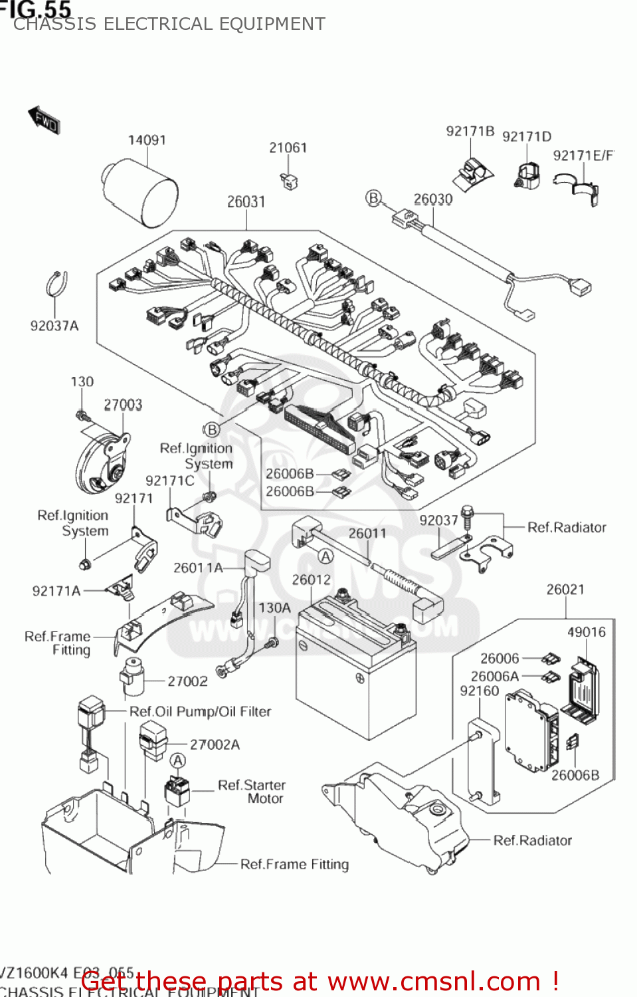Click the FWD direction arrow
[x=45, y=120]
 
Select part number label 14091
[x=147, y=140]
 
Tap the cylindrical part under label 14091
[x=140, y=193]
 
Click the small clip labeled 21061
[x=290, y=181]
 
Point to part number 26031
[x=246, y=201]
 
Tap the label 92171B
[x=470, y=131]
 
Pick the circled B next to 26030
[x=374, y=198]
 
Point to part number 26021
[x=565, y=590]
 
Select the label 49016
[x=586, y=632]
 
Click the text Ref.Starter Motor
[x=252, y=792]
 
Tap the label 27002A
[x=215, y=744]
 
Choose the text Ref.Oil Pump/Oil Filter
[x=200, y=711]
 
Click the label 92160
[x=479, y=691]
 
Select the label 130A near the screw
[x=274, y=608]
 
